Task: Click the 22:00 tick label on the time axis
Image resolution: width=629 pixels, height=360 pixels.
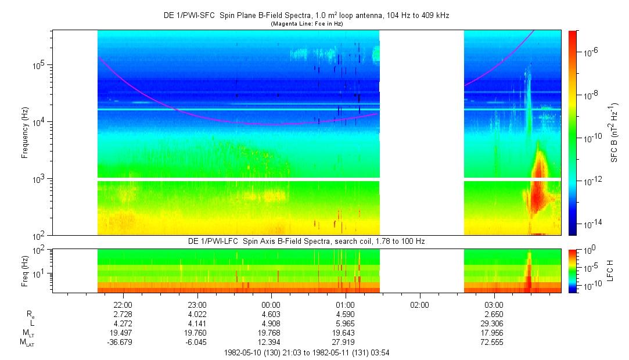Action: tap(123, 304)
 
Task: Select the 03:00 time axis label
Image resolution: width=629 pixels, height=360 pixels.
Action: tap(494, 304)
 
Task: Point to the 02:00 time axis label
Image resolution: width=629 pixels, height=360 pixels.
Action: tap(419, 304)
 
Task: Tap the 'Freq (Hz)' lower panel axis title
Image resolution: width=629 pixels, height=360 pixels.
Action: tap(25, 271)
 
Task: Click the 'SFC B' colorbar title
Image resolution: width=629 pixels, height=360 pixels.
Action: tap(614, 132)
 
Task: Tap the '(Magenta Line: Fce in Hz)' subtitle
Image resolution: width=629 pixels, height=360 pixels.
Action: tap(306, 23)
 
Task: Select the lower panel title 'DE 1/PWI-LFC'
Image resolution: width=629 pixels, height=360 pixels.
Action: tap(306, 241)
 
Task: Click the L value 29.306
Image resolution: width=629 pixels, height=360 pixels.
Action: tap(494, 323)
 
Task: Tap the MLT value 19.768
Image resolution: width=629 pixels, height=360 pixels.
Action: tap(271, 333)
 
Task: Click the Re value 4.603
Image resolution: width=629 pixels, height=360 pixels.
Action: tap(271, 314)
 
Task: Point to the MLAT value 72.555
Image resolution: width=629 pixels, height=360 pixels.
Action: tap(494, 342)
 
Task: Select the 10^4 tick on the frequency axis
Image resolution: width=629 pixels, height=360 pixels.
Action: tap(42, 122)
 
